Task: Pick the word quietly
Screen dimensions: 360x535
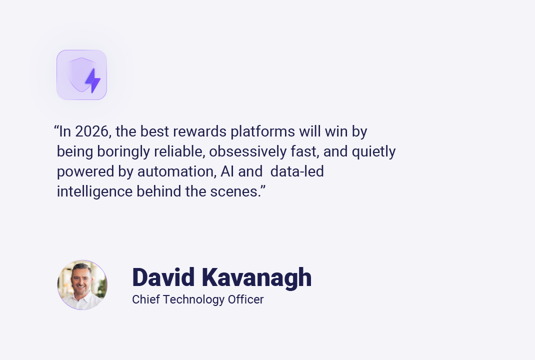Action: [x=373, y=152]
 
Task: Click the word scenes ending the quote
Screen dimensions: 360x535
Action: [x=239, y=192]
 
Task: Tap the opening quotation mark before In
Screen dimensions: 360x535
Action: [x=56, y=128]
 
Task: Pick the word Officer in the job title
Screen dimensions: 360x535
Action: [x=245, y=299]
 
